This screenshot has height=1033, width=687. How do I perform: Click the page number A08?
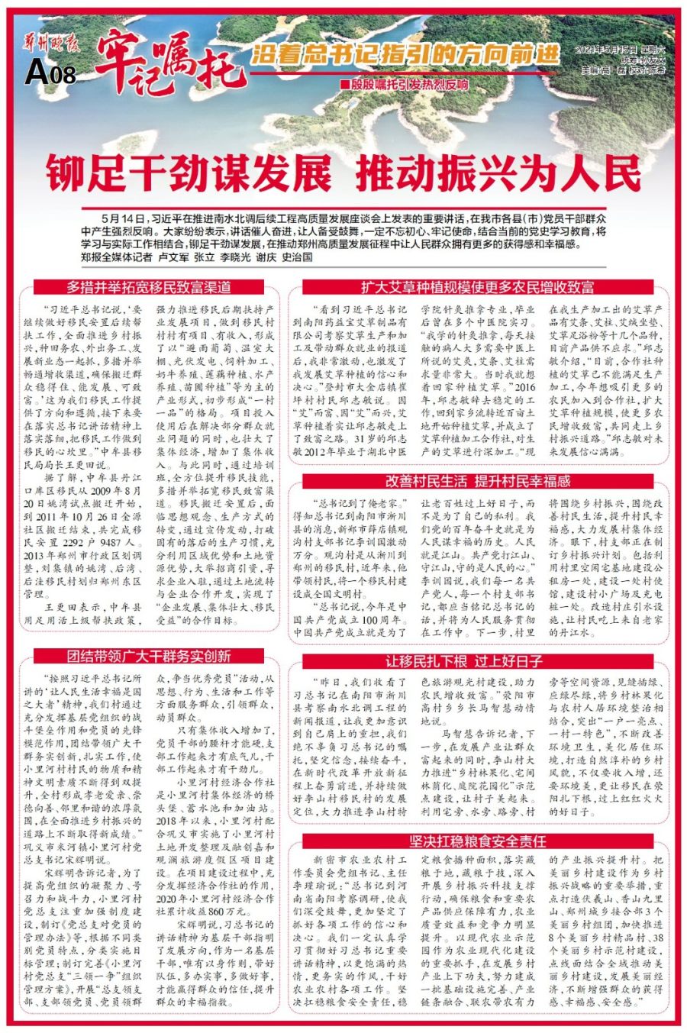pos(50,74)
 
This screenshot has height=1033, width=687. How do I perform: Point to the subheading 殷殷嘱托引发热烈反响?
pos(409,82)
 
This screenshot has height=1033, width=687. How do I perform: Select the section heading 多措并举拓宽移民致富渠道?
pos(149,288)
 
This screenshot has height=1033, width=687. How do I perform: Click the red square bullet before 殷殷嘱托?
pos(344,83)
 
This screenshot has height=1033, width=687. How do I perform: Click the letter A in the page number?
pos(36,74)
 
